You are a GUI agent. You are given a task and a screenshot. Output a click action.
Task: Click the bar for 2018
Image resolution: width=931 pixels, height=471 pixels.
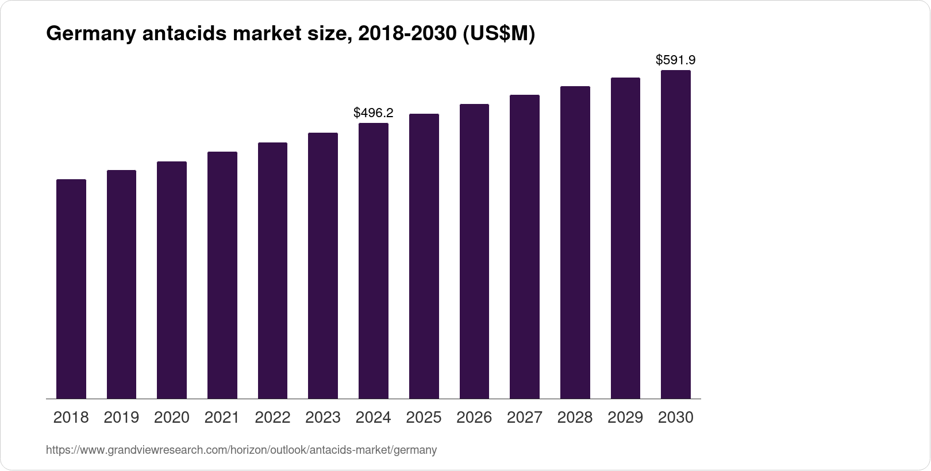pos(71,289)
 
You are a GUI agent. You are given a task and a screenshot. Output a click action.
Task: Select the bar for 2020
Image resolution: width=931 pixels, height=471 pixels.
pos(172,280)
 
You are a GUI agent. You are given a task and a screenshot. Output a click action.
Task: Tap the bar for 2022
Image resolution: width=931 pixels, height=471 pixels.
pos(272,271)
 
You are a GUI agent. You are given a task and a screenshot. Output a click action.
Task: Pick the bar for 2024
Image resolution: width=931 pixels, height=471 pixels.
pos(374,261)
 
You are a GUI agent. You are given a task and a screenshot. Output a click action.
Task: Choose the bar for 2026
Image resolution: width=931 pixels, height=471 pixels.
pos(474,252)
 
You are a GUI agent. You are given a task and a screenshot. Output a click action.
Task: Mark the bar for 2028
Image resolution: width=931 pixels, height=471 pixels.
pos(575,242)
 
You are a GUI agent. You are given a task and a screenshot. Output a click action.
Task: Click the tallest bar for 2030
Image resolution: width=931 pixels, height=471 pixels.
pos(676,234)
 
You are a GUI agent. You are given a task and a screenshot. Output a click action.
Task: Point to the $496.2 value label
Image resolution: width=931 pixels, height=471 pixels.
pos(374,113)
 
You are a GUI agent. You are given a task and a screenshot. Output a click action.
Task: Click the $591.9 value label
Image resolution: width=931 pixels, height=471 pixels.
pos(676,60)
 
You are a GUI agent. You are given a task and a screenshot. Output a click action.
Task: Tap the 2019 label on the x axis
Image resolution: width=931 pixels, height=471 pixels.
pos(121,418)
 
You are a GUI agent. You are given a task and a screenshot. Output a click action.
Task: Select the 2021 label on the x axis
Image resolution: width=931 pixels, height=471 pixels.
pos(222,418)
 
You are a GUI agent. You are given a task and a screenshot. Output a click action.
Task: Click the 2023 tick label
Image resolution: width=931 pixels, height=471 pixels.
pos(323,418)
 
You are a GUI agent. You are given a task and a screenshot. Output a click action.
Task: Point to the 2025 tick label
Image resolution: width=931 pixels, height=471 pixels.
pos(424,418)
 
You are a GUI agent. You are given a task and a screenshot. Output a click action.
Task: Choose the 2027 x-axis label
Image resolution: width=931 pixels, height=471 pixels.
pos(525,418)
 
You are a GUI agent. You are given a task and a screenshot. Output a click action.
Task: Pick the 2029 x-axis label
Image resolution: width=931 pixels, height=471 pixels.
pos(625,418)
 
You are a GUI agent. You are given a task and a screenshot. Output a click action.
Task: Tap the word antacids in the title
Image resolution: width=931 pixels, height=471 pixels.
pos(184,35)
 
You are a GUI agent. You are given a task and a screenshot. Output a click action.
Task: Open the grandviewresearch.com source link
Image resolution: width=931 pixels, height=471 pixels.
pos(241,450)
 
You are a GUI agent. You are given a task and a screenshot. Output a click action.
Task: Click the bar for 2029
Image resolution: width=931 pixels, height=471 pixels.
pos(625,238)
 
